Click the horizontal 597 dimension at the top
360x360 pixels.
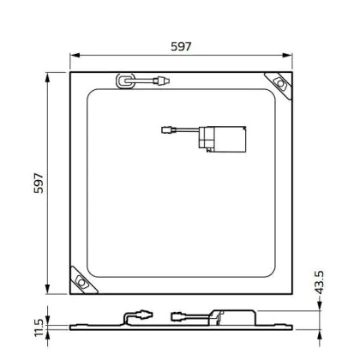pyautogui.click(x=181, y=46)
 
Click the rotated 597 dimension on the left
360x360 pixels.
pyautogui.click(x=39, y=183)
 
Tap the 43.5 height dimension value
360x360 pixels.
pyautogui.click(x=320, y=282)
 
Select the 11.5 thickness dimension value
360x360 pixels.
pyautogui.click(x=39, y=327)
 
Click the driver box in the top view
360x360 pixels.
pyautogui.click(x=223, y=139)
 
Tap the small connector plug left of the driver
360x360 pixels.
pyautogui.click(x=166, y=130)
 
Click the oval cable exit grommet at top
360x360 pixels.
pyautogui.click(x=125, y=81)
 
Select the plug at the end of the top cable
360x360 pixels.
pyautogui.click(x=161, y=81)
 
